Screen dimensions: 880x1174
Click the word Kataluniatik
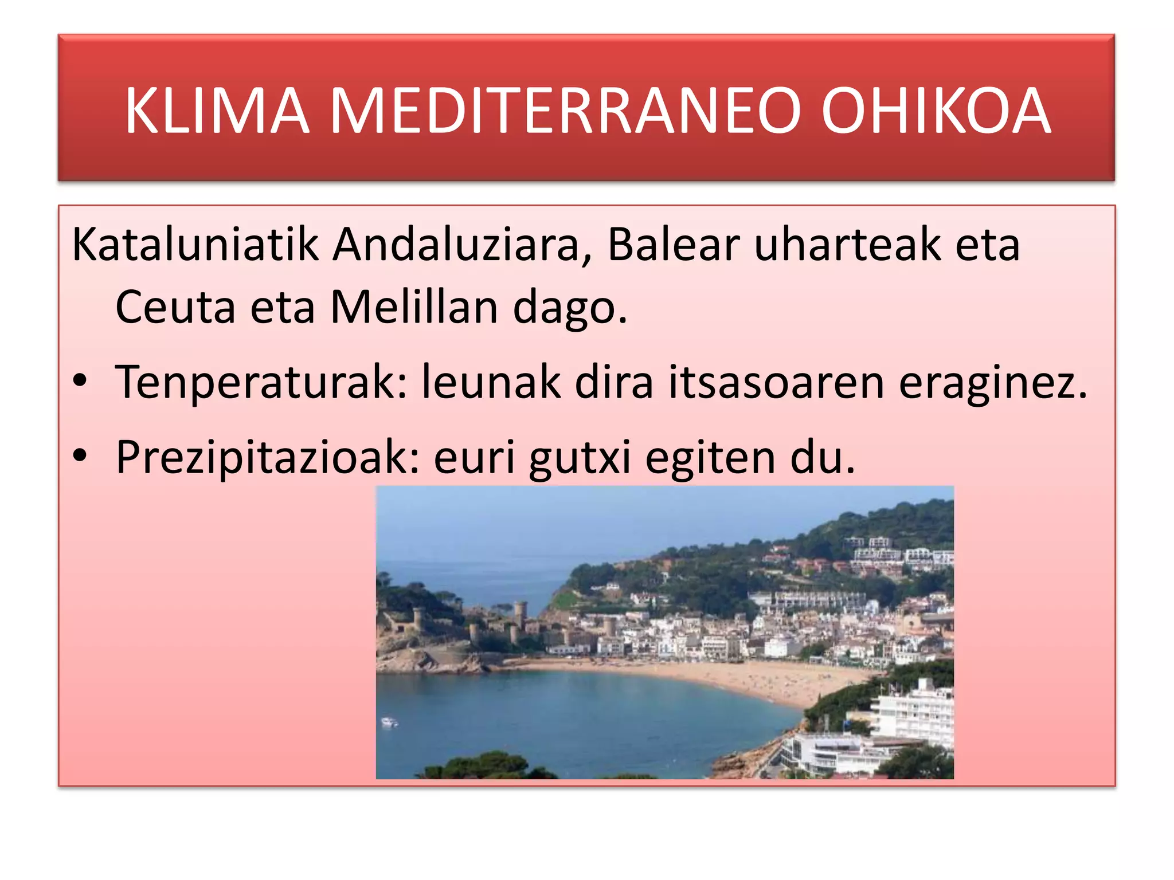pyautogui.click(x=195, y=245)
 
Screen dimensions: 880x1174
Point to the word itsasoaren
pyautogui.click(x=777, y=383)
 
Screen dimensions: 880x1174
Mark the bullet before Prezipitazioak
pyautogui.click(x=80, y=455)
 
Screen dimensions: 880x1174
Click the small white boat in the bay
pyautogui.click(x=390, y=721)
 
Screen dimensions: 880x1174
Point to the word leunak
pyautogui.click(x=491, y=383)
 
